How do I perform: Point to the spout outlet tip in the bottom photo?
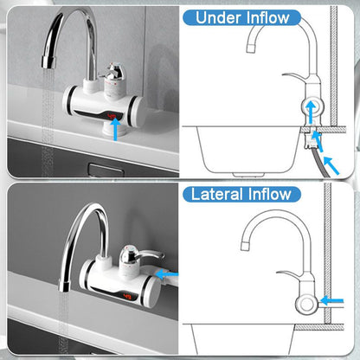click(64, 286)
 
